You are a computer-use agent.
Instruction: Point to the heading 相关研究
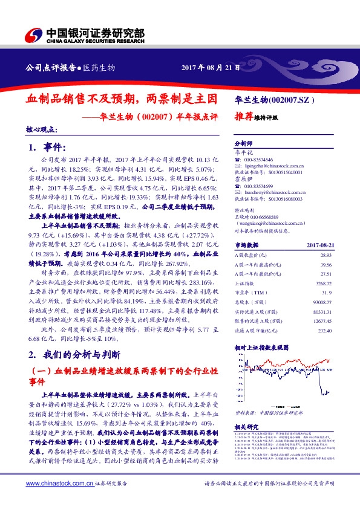[x=246, y=427]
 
